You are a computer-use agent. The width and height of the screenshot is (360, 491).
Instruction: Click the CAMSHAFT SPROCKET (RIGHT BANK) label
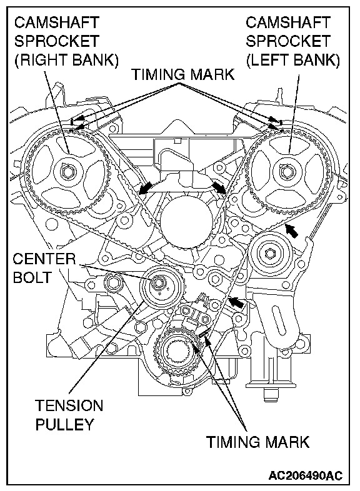[66, 41]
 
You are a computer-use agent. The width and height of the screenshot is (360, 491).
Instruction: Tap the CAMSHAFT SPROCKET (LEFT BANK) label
[292, 41]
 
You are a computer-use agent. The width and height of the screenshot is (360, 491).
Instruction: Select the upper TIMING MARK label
[183, 74]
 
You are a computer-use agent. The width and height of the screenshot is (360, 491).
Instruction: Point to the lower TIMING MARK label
[257, 442]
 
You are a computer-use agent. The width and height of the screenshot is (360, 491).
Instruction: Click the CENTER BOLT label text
[44, 269]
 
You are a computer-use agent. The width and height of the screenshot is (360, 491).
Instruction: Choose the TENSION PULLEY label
[69, 415]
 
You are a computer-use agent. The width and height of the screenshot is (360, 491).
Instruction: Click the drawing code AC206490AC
[306, 475]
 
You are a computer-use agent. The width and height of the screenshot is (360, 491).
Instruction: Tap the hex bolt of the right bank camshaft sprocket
[68, 172]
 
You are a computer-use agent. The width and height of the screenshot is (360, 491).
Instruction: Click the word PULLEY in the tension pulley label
[64, 424]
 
